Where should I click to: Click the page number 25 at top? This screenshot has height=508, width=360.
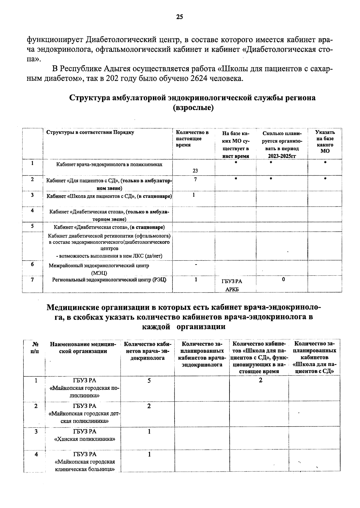click(179, 17)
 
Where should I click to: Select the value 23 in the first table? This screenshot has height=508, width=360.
click(195, 171)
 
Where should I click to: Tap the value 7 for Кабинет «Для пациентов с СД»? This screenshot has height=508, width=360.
click(195, 179)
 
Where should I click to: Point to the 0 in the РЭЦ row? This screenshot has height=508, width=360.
click(283, 280)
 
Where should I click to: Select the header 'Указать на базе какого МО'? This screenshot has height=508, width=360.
click(325, 141)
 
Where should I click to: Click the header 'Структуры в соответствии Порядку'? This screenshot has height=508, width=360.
click(90, 132)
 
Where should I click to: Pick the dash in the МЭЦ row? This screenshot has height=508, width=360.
click(196, 265)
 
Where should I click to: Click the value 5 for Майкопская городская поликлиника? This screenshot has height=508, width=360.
click(149, 381)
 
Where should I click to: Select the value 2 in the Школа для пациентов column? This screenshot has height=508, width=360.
click(260, 380)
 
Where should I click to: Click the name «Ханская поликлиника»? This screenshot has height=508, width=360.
click(85, 439)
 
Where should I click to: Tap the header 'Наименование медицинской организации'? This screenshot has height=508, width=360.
click(83, 348)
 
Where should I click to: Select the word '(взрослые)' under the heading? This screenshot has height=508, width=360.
click(193, 108)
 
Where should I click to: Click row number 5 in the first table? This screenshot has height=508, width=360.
click(32, 226)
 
